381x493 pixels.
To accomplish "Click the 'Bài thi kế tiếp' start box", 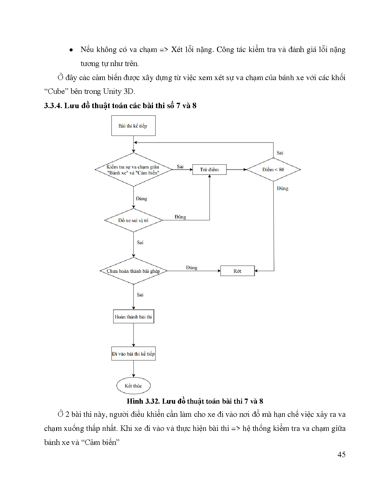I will tap(133, 126).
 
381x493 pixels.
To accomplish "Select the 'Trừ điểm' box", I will tap(209, 169).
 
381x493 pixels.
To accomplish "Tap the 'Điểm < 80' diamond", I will tap(273, 169).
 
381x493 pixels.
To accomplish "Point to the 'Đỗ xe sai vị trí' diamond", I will tap(133, 220).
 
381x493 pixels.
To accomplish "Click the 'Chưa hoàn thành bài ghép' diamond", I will tap(133, 271).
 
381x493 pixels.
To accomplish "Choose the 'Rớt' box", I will tap(237, 271).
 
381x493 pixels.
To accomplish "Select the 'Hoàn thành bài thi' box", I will tap(133, 317).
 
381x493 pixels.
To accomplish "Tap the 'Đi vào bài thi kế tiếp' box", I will tap(133, 354).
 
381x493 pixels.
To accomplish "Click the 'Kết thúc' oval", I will tap(133, 386).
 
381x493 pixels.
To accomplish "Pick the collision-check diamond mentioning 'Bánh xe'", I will tap(133, 170).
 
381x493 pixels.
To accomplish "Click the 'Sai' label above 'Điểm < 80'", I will tap(280, 153).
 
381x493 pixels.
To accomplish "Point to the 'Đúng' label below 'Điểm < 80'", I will tap(282, 188).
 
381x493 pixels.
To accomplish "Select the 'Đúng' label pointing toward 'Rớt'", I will tap(192, 267).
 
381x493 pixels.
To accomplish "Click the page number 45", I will tap(341, 454).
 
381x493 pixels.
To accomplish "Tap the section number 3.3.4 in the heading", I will tap(53, 106).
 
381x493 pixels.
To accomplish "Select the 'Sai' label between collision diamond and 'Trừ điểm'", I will tap(180, 166).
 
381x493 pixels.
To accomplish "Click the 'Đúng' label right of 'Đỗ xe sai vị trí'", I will tap(180, 217).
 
